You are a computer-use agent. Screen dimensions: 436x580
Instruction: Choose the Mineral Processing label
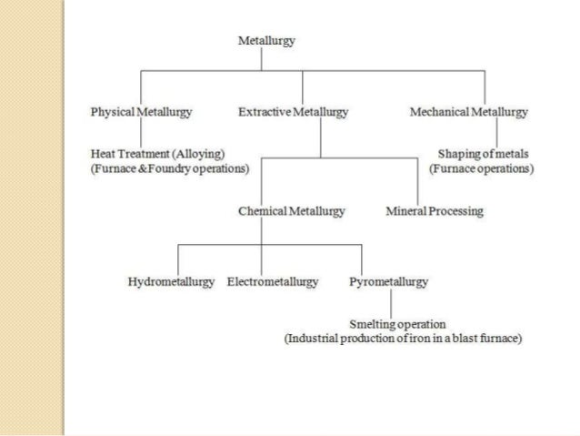click(435, 211)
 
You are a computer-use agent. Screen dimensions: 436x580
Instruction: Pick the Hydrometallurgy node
click(171, 282)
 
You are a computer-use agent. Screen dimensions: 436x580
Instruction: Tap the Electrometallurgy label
click(272, 282)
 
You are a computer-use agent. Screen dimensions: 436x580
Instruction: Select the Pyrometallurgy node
click(388, 282)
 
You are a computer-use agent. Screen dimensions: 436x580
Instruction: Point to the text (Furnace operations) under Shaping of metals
click(481, 168)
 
